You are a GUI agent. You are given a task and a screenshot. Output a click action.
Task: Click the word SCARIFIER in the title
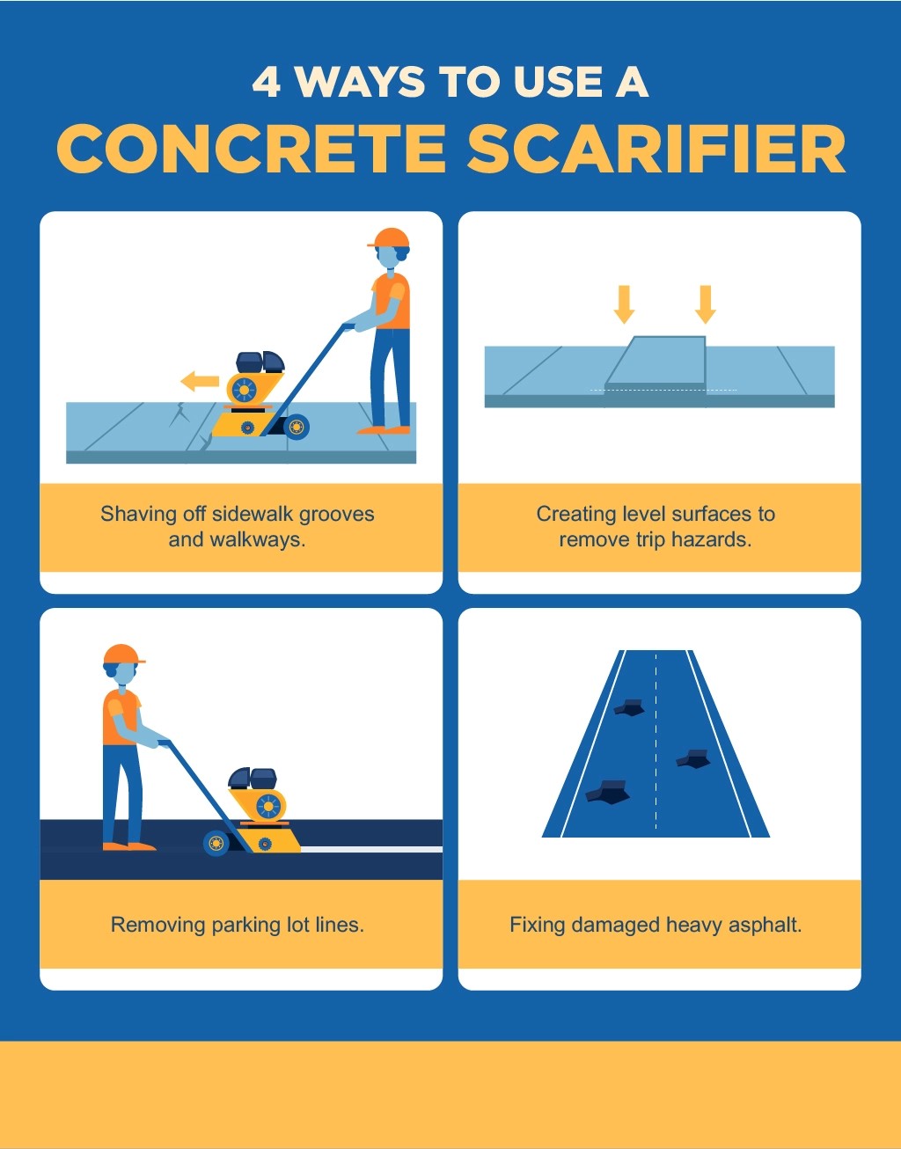pyautogui.click(x=656, y=149)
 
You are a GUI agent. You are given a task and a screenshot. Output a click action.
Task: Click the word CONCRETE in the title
pyautogui.click(x=252, y=149)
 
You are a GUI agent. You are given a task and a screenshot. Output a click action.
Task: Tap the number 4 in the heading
pyautogui.click(x=266, y=83)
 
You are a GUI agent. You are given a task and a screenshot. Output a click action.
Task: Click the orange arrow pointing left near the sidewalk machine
pyautogui.click(x=200, y=382)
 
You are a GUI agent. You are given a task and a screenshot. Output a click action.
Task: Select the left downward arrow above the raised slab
pyautogui.click(x=624, y=304)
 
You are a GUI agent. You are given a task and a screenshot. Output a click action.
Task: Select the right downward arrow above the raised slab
pyautogui.click(x=705, y=304)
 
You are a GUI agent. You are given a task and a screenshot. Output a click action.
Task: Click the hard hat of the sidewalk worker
pyautogui.click(x=389, y=238)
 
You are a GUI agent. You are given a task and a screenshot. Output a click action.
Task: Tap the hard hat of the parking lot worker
pyautogui.click(x=122, y=655)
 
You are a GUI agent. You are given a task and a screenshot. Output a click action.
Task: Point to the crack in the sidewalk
pyautogui.click(x=181, y=421)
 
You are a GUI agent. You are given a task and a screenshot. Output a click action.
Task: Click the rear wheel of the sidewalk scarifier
pyautogui.click(x=297, y=428)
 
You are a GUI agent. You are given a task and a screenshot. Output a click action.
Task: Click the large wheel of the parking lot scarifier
pyautogui.click(x=216, y=843)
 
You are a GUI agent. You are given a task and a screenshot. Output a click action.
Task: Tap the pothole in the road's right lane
pyautogui.click(x=694, y=758)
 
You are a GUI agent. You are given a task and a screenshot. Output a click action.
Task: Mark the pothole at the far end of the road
pyautogui.click(x=629, y=706)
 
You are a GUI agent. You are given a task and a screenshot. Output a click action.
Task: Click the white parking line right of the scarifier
pyautogui.click(x=370, y=849)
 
